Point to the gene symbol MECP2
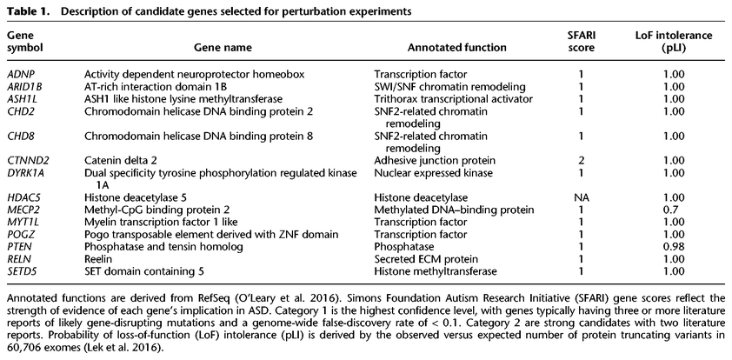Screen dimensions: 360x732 pyautogui.click(x=23, y=210)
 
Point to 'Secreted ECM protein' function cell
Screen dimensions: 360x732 pyautogui.click(x=425, y=260)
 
